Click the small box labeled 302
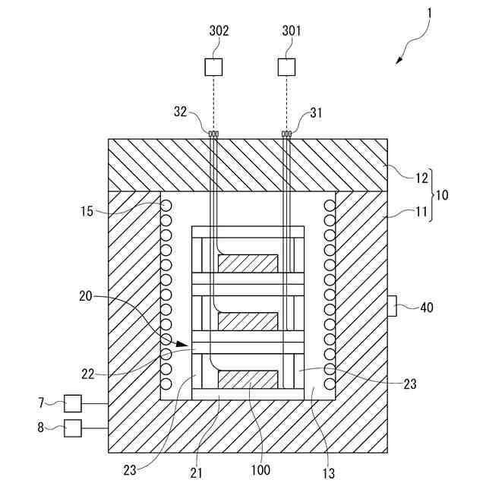click(x=213, y=67)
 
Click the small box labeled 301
click(x=286, y=67)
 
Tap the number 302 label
click(x=219, y=31)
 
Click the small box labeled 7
click(x=73, y=403)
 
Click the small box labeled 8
click(x=73, y=428)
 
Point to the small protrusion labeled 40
click(x=393, y=308)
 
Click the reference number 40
click(x=427, y=308)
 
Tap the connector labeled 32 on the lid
click(x=213, y=135)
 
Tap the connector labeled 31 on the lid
click(x=286, y=135)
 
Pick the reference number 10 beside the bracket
click(x=441, y=195)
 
